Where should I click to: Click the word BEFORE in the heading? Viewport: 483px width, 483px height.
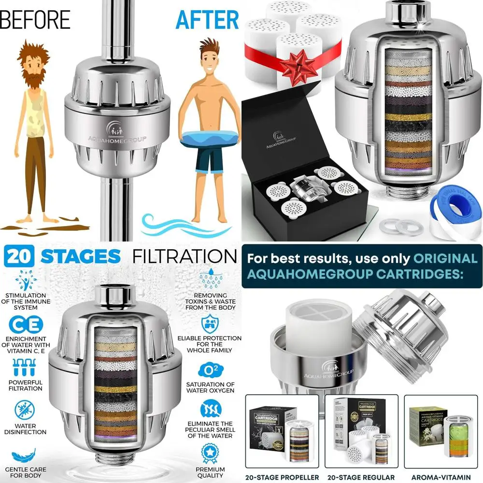pos(35,20)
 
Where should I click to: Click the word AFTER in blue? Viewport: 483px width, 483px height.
pos(207,20)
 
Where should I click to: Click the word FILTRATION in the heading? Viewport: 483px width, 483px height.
pos(185,256)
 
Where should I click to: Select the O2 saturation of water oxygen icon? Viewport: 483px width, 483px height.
pos(211,370)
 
